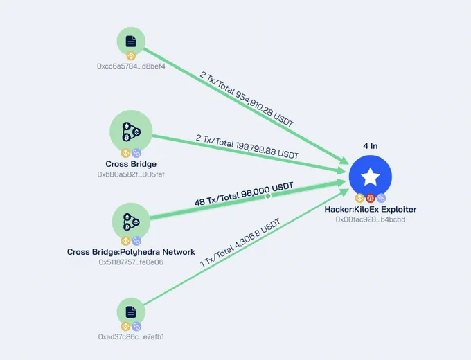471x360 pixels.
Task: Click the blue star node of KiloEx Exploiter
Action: (x=371, y=177)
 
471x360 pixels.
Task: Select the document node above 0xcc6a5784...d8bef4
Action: (x=131, y=42)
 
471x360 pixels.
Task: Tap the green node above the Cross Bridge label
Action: (x=131, y=132)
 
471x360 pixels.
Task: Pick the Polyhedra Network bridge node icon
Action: (x=131, y=222)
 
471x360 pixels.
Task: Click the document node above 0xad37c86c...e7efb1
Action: (x=131, y=312)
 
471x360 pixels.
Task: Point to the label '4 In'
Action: (x=371, y=146)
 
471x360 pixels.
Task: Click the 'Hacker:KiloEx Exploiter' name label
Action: (x=371, y=209)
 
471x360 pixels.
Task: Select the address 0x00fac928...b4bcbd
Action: (x=371, y=219)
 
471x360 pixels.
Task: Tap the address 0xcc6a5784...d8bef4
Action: (x=131, y=66)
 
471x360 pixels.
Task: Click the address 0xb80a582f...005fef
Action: (x=131, y=174)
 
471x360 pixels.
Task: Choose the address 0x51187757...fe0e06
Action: (x=131, y=262)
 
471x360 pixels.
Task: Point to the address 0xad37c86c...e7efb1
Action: (x=131, y=337)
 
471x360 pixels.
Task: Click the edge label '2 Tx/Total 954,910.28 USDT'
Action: (x=247, y=100)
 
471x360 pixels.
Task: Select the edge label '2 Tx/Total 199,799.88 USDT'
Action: (x=247, y=147)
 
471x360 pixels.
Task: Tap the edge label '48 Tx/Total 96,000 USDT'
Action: (x=244, y=195)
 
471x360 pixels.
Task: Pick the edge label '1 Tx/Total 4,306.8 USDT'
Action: (x=240, y=242)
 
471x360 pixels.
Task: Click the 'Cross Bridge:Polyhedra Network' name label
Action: (x=131, y=251)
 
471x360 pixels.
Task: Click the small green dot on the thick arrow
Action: (x=268, y=196)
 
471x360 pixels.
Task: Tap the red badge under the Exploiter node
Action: (x=371, y=198)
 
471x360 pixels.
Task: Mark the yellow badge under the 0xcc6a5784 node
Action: (x=131, y=56)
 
